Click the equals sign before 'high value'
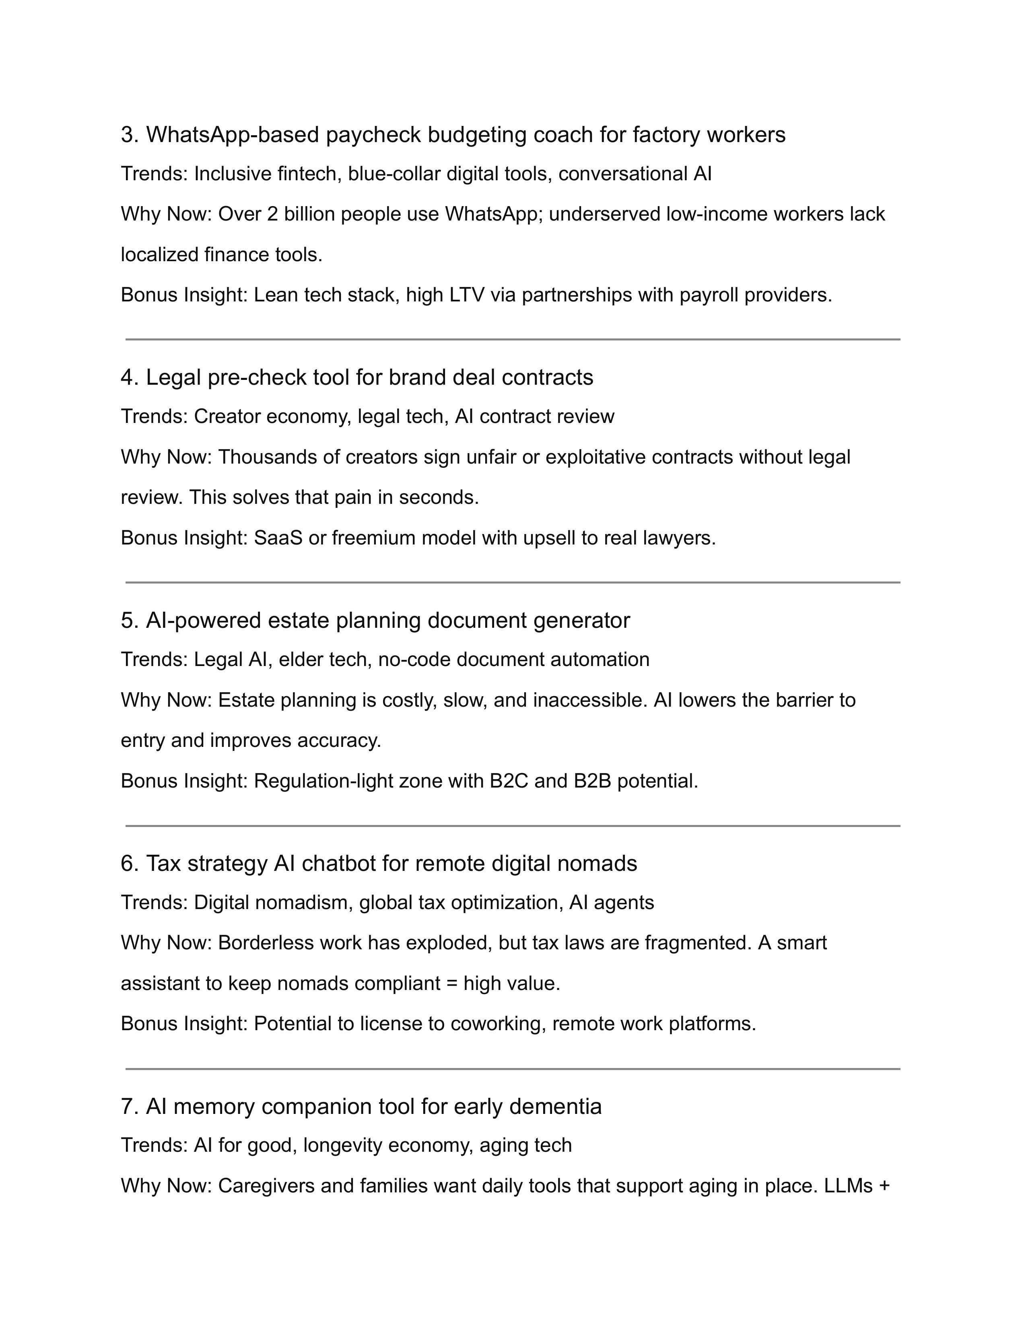pos(451,984)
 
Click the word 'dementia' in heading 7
pos(555,1107)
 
